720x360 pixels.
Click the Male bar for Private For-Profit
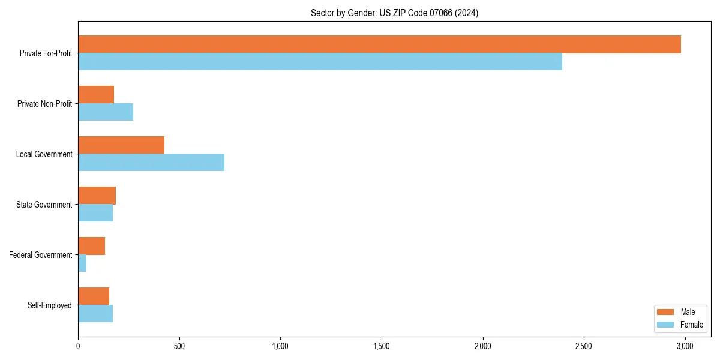coord(379,44)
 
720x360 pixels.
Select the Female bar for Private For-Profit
coord(320,61)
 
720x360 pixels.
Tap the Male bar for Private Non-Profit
coord(96,95)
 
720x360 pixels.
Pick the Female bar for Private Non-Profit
coord(106,112)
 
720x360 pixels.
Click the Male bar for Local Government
coord(121,145)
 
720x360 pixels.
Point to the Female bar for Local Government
coord(151,162)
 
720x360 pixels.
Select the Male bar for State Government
coord(97,196)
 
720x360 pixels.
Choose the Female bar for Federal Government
coord(82,263)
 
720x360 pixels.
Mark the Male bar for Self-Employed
coord(94,296)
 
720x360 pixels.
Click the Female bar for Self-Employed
coord(95,313)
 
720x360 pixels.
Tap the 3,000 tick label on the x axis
coord(685,346)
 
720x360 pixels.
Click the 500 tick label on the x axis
coord(179,346)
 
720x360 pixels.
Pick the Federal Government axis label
coord(41,255)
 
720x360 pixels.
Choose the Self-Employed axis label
coord(50,305)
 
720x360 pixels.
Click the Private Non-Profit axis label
coord(44,104)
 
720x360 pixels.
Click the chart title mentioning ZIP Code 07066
coord(394,13)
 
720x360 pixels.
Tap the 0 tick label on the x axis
coord(78,346)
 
